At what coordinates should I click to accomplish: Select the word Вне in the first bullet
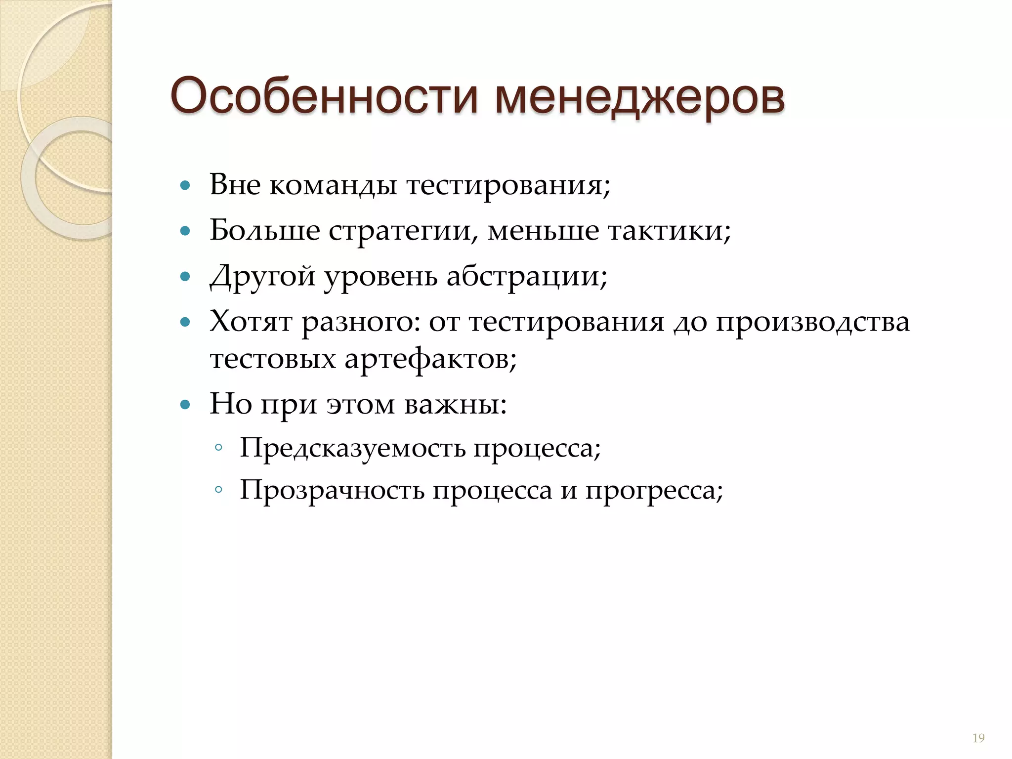coord(235,185)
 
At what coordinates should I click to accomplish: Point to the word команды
coord(333,186)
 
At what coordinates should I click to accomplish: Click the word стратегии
coord(403,231)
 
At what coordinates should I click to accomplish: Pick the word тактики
coord(669,230)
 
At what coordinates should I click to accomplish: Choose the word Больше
coord(264,230)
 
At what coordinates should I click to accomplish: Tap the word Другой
coord(262,277)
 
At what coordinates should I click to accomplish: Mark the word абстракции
coord(527,277)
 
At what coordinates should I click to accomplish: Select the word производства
coord(812,322)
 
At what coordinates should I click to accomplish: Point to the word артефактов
coord(430,359)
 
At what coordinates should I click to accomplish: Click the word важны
coord(455,404)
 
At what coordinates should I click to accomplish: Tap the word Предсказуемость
coord(352,449)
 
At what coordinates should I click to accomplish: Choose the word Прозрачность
coord(332,491)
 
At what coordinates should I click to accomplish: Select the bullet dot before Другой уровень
coord(185,277)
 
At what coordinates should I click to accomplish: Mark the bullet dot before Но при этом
coord(185,405)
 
